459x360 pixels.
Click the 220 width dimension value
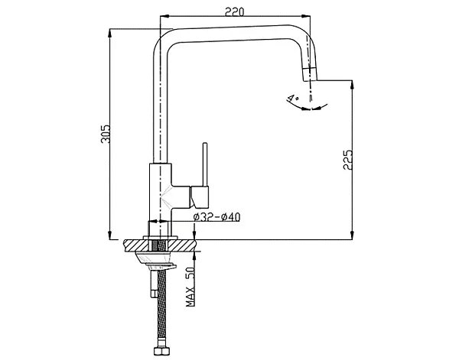coord(234,10)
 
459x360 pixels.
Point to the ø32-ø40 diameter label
coord(217,217)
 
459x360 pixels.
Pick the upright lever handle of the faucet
coord(204,164)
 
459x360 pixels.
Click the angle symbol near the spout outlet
coord(291,98)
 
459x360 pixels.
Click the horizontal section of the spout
coord(229,31)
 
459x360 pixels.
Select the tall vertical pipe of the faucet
coord(158,107)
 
